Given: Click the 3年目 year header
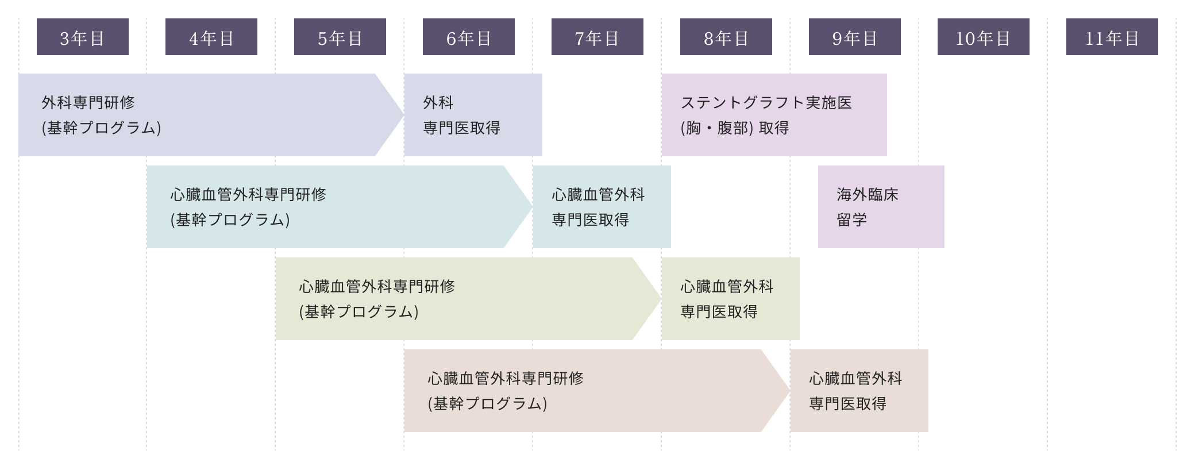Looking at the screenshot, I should (x=83, y=37).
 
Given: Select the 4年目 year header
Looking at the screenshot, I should (x=211, y=37).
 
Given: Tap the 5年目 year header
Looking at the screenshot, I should (x=340, y=37).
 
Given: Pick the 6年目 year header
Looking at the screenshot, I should (x=469, y=37).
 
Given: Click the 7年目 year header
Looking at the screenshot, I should (x=597, y=37).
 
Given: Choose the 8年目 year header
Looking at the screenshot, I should (x=726, y=37).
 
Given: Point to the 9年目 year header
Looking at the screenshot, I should (x=855, y=37).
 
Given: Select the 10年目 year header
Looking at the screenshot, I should (x=984, y=37).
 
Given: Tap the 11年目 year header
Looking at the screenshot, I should (x=1112, y=37).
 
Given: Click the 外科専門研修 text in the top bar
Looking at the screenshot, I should (x=88, y=103).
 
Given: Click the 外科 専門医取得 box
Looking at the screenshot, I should (x=473, y=115).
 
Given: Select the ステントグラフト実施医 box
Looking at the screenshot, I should (x=774, y=115).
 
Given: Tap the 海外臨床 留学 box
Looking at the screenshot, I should (x=881, y=207).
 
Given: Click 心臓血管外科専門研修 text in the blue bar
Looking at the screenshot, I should (x=248, y=195).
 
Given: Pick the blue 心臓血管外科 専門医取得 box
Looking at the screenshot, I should (x=602, y=207).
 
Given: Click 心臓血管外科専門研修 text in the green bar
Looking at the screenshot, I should (x=377, y=287).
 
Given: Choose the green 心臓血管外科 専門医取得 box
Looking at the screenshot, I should (x=730, y=299).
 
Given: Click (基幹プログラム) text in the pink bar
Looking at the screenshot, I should (x=487, y=404).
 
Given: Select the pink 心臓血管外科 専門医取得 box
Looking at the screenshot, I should (x=859, y=391).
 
